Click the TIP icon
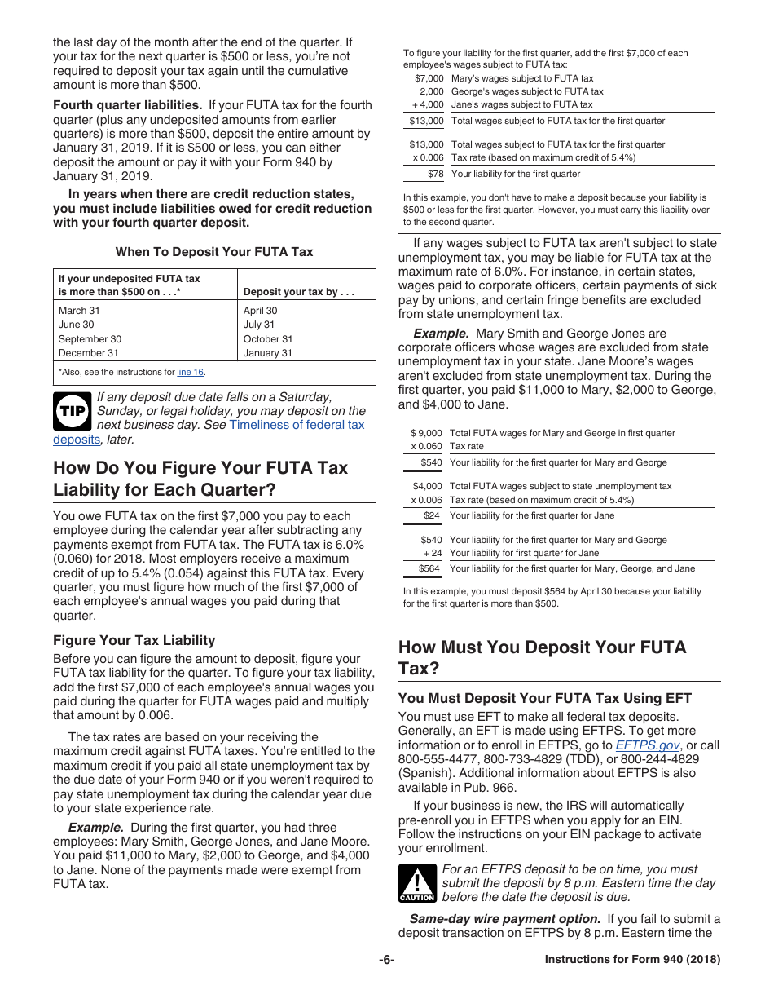pos(72,412)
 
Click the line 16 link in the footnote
pos(190,372)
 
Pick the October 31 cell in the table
pos(267,339)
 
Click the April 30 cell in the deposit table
pos(260,311)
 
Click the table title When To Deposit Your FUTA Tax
pos(214,252)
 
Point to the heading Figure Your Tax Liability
pos(134,640)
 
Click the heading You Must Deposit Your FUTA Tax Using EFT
pos(544,698)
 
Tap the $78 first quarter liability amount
pos(435,174)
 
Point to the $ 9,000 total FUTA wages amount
pos(427,433)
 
